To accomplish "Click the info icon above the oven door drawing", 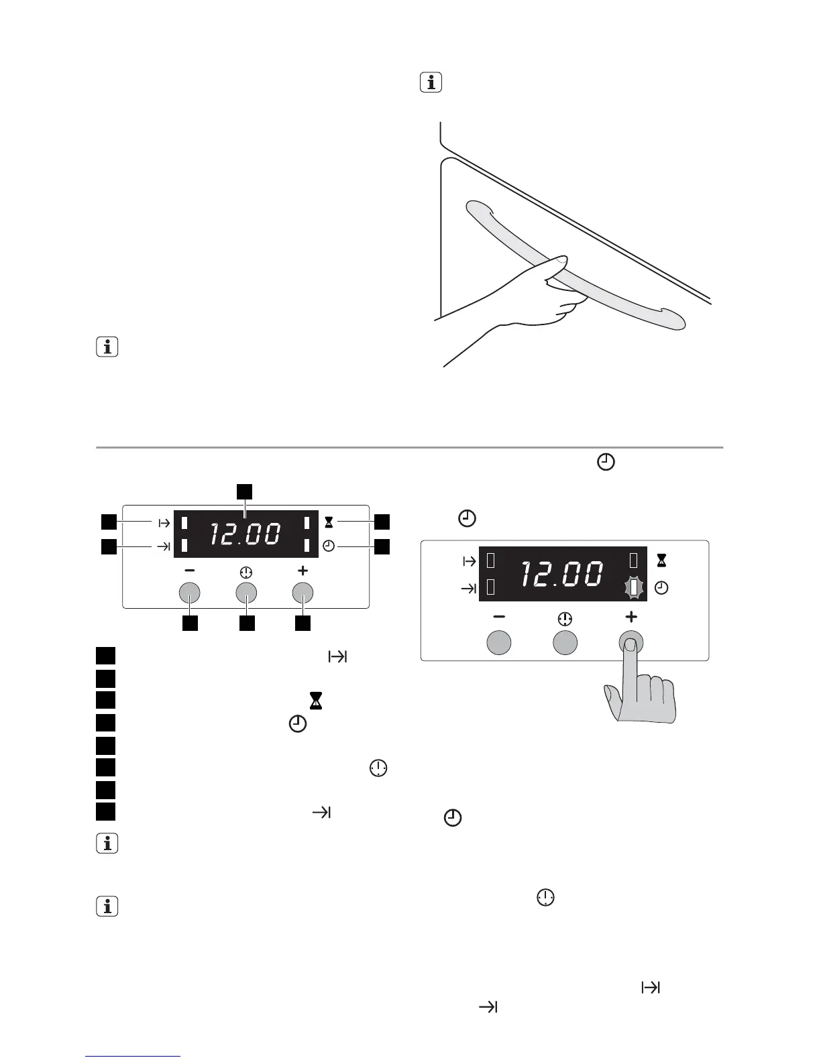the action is coord(431,83).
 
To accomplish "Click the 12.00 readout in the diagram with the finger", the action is coord(561,574).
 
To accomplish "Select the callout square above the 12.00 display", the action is coord(245,491).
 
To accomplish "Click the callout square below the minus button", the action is coord(190,623).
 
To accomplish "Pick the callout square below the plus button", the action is coord(303,623).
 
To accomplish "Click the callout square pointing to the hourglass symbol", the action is coord(382,522).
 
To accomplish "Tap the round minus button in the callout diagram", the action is coord(190,593).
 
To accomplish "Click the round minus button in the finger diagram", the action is coord(498,642).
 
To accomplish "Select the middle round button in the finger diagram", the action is coord(565,642).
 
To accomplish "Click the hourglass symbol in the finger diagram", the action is coord(661,559).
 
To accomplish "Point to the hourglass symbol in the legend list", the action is coord(317,701).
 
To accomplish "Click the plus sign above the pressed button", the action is coord(631,616).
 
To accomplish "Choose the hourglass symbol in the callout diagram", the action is coord(329,522).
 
